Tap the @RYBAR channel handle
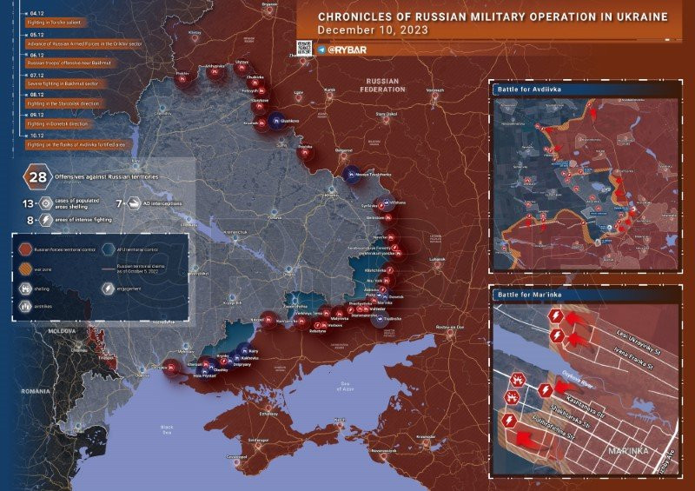[347, 50]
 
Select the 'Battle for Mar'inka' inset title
[529, 295]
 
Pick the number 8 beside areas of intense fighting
[30, 221]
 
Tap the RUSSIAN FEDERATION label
[381, 85]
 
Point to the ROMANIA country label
[36, 391]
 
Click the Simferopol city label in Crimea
[259, 440]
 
